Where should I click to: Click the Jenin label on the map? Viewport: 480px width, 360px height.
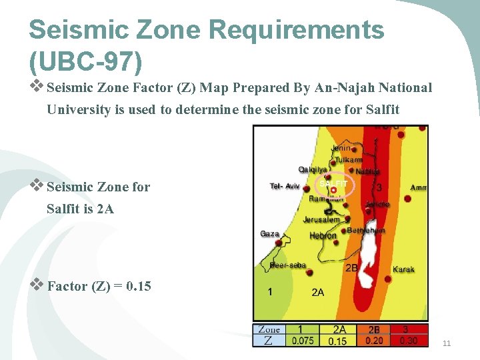[x=341, y=148]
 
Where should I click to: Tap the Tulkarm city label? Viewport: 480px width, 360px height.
[x=349, y=160]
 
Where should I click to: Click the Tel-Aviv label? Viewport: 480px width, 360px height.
[x=285, y=186]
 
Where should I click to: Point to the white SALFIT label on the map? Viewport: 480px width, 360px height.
[x=333, y=183]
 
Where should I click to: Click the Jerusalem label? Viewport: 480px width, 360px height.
[x=321, y=219]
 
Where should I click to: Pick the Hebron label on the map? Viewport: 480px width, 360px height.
[x=323, y=235]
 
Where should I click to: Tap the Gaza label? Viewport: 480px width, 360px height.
[x=269, y=234]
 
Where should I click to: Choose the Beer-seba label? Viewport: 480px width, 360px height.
[x=288, y=265]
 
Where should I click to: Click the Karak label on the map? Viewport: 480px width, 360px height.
[x=403, y=269]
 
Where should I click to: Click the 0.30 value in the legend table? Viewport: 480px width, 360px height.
[x=408, y=341]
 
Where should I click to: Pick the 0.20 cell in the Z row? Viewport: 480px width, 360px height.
[x=374, y=341]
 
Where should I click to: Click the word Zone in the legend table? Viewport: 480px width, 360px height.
[x=269, y=329]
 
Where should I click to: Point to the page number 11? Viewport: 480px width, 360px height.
[x=447, y=343]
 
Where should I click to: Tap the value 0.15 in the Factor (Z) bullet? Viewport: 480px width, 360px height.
[x=139, y=287]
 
